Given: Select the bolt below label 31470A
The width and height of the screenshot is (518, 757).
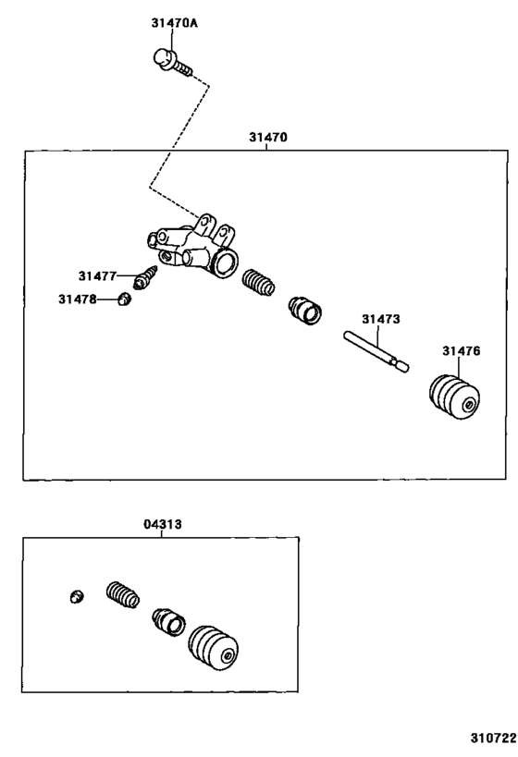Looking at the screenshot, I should [x=169, y=60].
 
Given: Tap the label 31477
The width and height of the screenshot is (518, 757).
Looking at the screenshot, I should [x=97, y=275].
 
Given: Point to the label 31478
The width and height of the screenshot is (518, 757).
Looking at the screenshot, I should [x=77, y=299].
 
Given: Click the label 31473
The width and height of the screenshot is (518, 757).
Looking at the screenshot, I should [x=380, y=319].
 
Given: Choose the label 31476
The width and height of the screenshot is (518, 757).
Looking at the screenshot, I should [x=460, y=350].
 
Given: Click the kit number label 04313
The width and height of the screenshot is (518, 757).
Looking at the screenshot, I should [x=162, y=524].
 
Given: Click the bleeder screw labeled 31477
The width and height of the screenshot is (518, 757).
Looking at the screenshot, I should [x=147, y=275].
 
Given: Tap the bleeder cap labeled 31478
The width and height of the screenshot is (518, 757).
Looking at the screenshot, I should [x=123, y=299].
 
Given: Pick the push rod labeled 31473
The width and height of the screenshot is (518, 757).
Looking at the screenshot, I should [x=376, y=351].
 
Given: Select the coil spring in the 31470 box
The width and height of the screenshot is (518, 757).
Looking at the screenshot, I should [x=258, y=282].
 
